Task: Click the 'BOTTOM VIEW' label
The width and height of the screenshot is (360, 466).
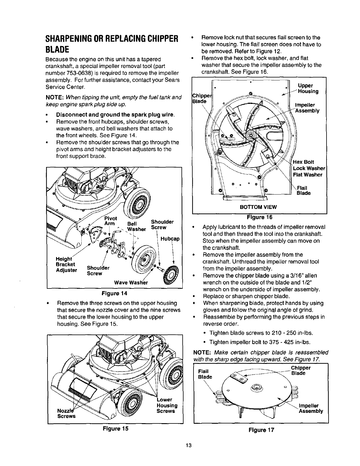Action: pos(258,207)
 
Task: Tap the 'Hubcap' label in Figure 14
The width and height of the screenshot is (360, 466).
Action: pos(170,239)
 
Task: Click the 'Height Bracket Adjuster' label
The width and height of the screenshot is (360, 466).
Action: pos(66,264)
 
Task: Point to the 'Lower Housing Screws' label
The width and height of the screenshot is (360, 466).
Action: pos(167,405)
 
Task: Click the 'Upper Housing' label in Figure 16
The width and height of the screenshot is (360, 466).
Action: pos(308,89)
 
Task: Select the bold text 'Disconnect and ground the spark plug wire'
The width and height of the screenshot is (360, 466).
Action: pos(116,114)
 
